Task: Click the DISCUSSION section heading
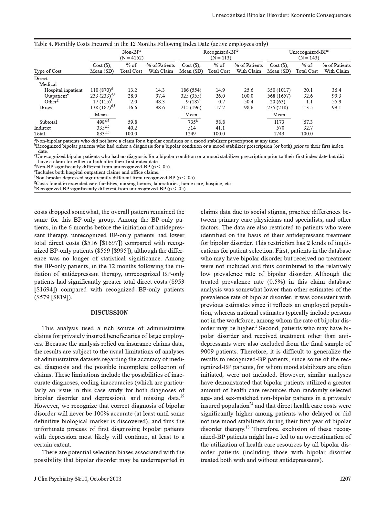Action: pos(109,313)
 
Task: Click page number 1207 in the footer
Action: pos(345,479)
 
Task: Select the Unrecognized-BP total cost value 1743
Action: pos(279,134)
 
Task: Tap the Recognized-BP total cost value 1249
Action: pos(191,134)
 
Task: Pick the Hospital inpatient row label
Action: pos(63,90)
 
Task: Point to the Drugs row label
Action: pos(46,108)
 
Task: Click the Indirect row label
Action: pos(42,128)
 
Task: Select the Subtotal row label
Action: pos(48,122)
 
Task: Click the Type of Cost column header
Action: pos(48,71)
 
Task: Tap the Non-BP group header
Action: pos(132,52)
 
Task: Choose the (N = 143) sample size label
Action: pos(309,58)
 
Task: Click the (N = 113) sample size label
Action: pos(221,58)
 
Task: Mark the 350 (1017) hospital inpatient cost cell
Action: pos(279,90)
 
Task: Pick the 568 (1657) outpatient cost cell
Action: pos(279,96)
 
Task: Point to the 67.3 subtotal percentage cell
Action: pos(307,122)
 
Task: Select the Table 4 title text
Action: pos(151,44)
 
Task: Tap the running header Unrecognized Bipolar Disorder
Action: pos(281,15)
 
